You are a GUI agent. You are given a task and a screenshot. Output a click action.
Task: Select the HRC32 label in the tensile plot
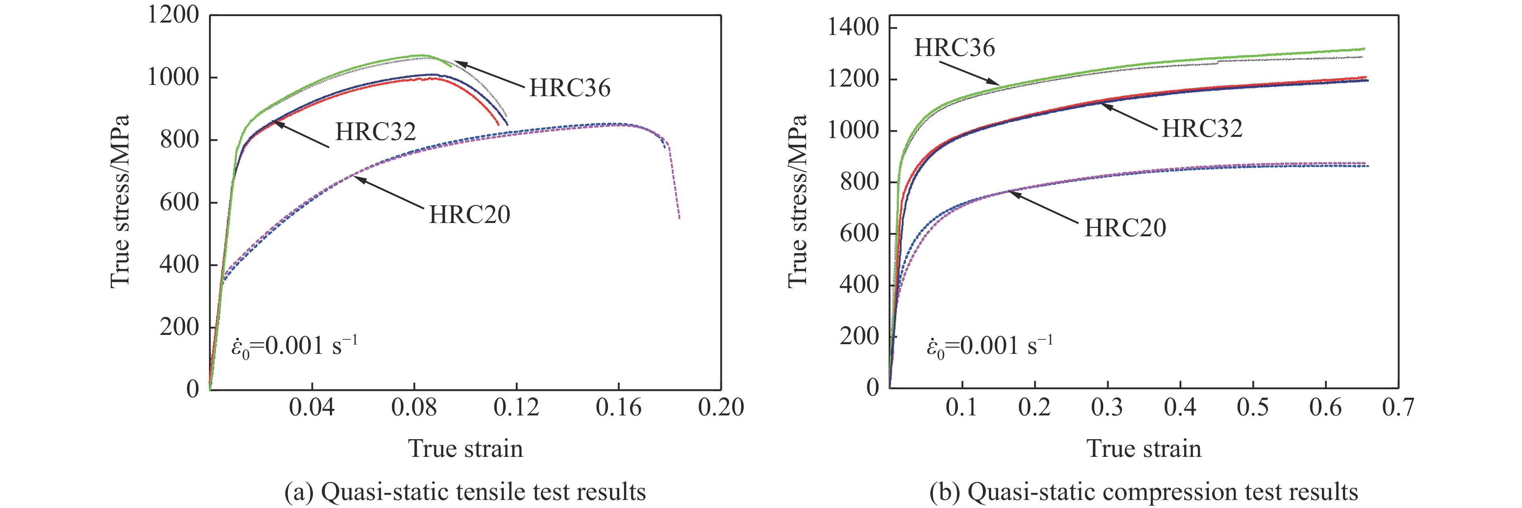pyautogui.click(x=376, y=132)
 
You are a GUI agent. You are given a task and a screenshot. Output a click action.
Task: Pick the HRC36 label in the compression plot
pyautogui.click(x=954, y=48)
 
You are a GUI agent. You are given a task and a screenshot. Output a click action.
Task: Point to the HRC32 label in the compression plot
pyautogui.click(x=1202, y=128)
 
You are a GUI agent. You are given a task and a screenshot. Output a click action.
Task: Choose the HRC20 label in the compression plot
pyautogui.click(x=1125, y=228)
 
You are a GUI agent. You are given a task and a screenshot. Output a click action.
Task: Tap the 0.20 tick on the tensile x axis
pyautogui.click(x=721, y=407)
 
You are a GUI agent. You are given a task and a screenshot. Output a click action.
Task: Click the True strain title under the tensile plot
pyautogui.click(x=465, y=448)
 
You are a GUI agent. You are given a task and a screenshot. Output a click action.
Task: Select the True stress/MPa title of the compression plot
pyautogui.click(x=797, y=201)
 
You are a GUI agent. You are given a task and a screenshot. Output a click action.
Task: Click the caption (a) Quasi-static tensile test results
pyautogui.click(x=465, y=491)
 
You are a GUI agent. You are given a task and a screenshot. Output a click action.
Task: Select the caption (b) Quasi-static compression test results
pyautogui.click(x=1143, y=491)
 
